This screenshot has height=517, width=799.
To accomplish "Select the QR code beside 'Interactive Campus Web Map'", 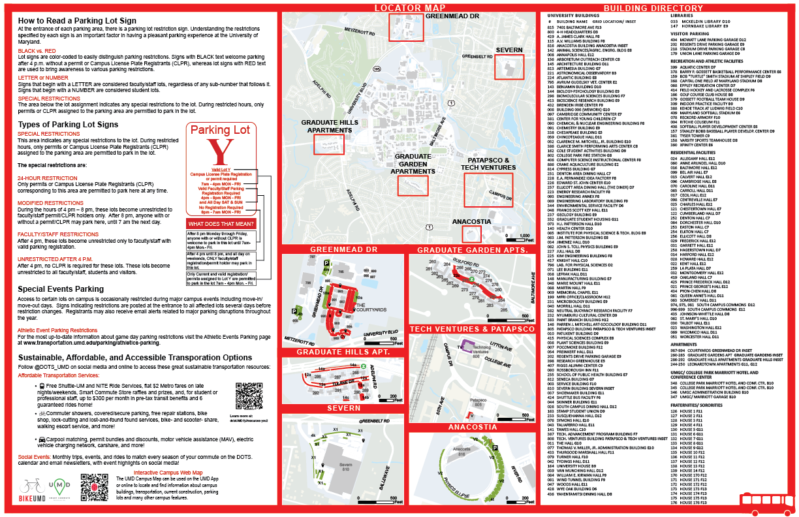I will (93, 487).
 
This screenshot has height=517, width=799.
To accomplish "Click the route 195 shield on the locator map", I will (377, 69).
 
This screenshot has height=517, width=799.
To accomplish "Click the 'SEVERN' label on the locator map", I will (509, 50).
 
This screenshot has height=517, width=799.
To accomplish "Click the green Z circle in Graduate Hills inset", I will (363, 367).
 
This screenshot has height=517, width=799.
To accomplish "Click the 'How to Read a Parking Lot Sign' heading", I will (76, 20).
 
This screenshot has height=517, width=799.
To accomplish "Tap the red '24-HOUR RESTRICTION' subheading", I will (48, 178).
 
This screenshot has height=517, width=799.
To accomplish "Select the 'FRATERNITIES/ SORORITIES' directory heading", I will (698, 405).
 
